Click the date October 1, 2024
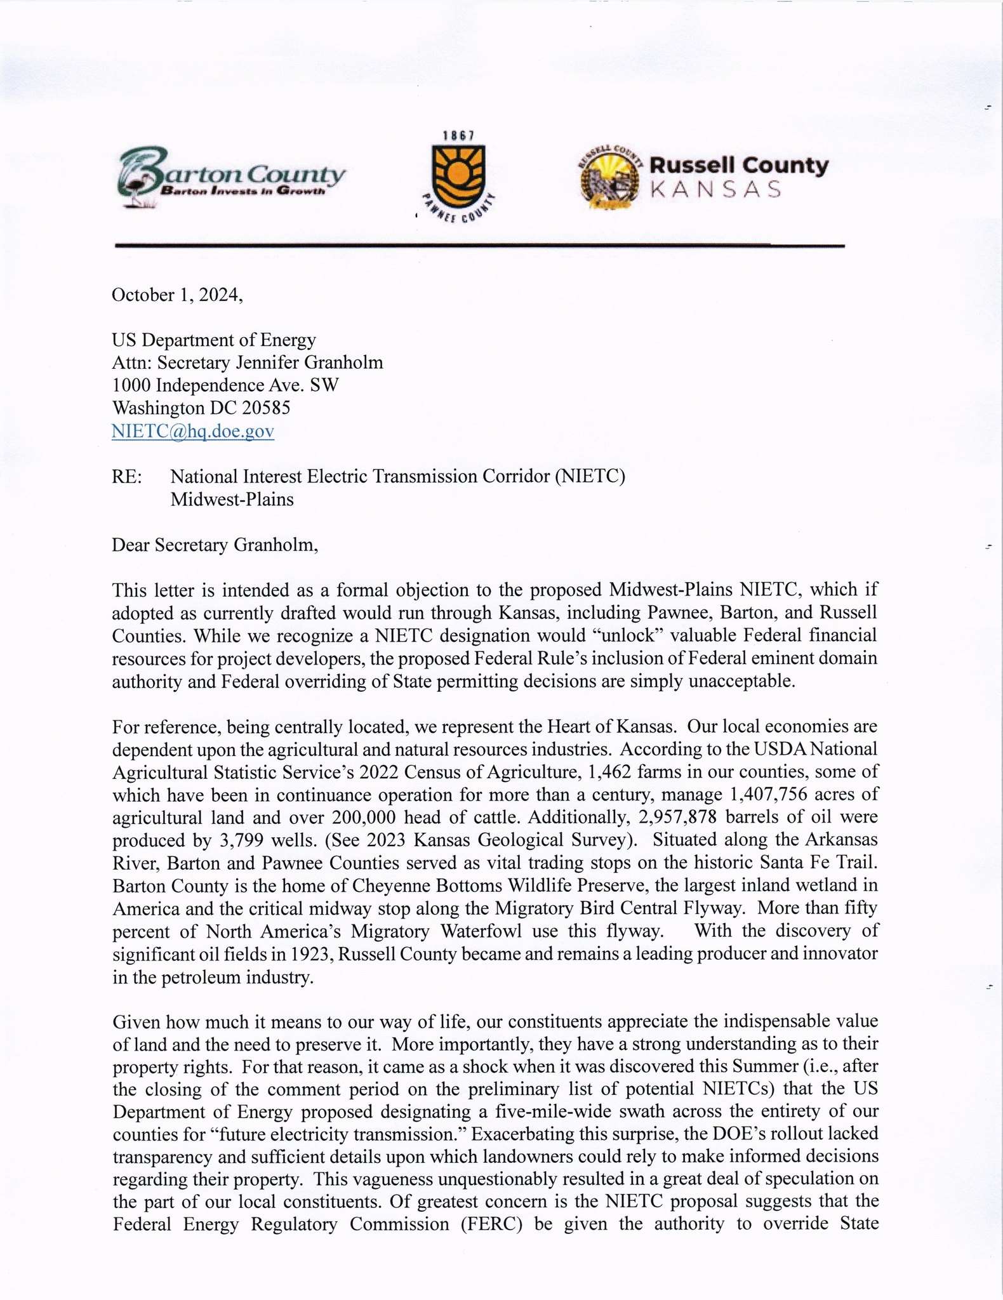pyautogui.click(x=176, y=295)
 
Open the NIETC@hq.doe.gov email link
pyautogui.click(x=193, y=431)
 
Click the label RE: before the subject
pyautogui.click(x=127, y=476)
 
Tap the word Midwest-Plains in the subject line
pyautogui.click(x=232, y=500)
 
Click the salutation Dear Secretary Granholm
pyautogui.click(x=215, y=545)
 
